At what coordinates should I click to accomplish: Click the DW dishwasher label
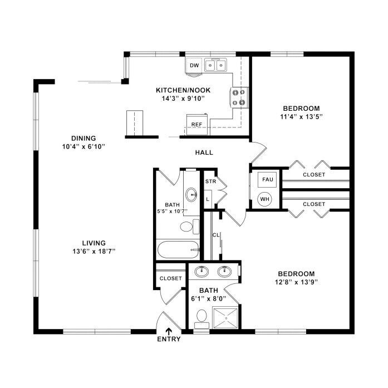[194, 66]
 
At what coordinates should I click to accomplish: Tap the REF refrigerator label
[197, 125]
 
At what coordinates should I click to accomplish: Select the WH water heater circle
[265, 199]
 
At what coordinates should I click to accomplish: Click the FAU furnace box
[267, 179]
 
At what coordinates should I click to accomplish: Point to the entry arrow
[169, 331]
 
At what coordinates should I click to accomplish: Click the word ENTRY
[169, 339]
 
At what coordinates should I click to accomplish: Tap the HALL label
[204, 153]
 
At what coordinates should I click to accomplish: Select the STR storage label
[210, 181]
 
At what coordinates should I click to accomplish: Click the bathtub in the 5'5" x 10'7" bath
[178, 249]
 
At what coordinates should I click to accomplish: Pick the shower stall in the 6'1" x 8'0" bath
[225, 318]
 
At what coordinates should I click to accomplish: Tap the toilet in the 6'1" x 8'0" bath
[202, 319]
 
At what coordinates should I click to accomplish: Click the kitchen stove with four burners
[239, 97]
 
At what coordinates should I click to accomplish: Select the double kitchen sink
[215, 65]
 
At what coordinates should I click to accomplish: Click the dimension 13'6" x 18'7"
[94, 252]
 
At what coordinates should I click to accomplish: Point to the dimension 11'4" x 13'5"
[301, 116]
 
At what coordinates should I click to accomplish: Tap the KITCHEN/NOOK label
[183, 90]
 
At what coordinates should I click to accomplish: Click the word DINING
[84, 138]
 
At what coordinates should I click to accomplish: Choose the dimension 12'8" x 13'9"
[296, 282]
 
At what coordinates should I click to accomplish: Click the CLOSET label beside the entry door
[171, 278]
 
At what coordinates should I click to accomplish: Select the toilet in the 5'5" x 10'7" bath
[190, 227]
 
